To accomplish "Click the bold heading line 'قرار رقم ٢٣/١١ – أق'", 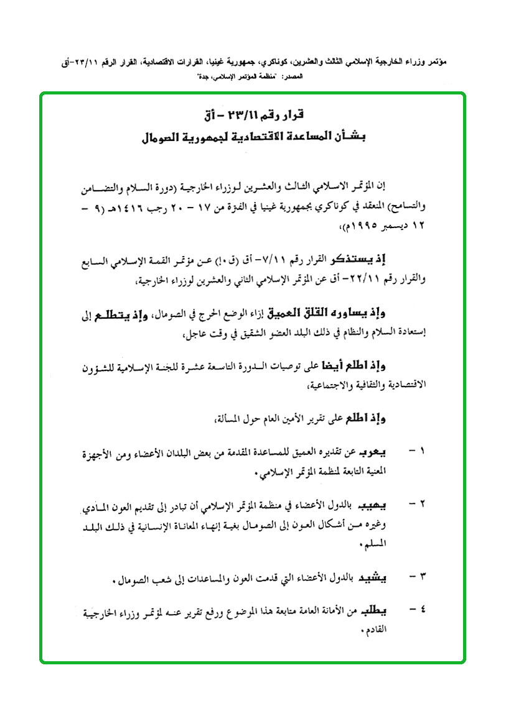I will click(x=253, y=116).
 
